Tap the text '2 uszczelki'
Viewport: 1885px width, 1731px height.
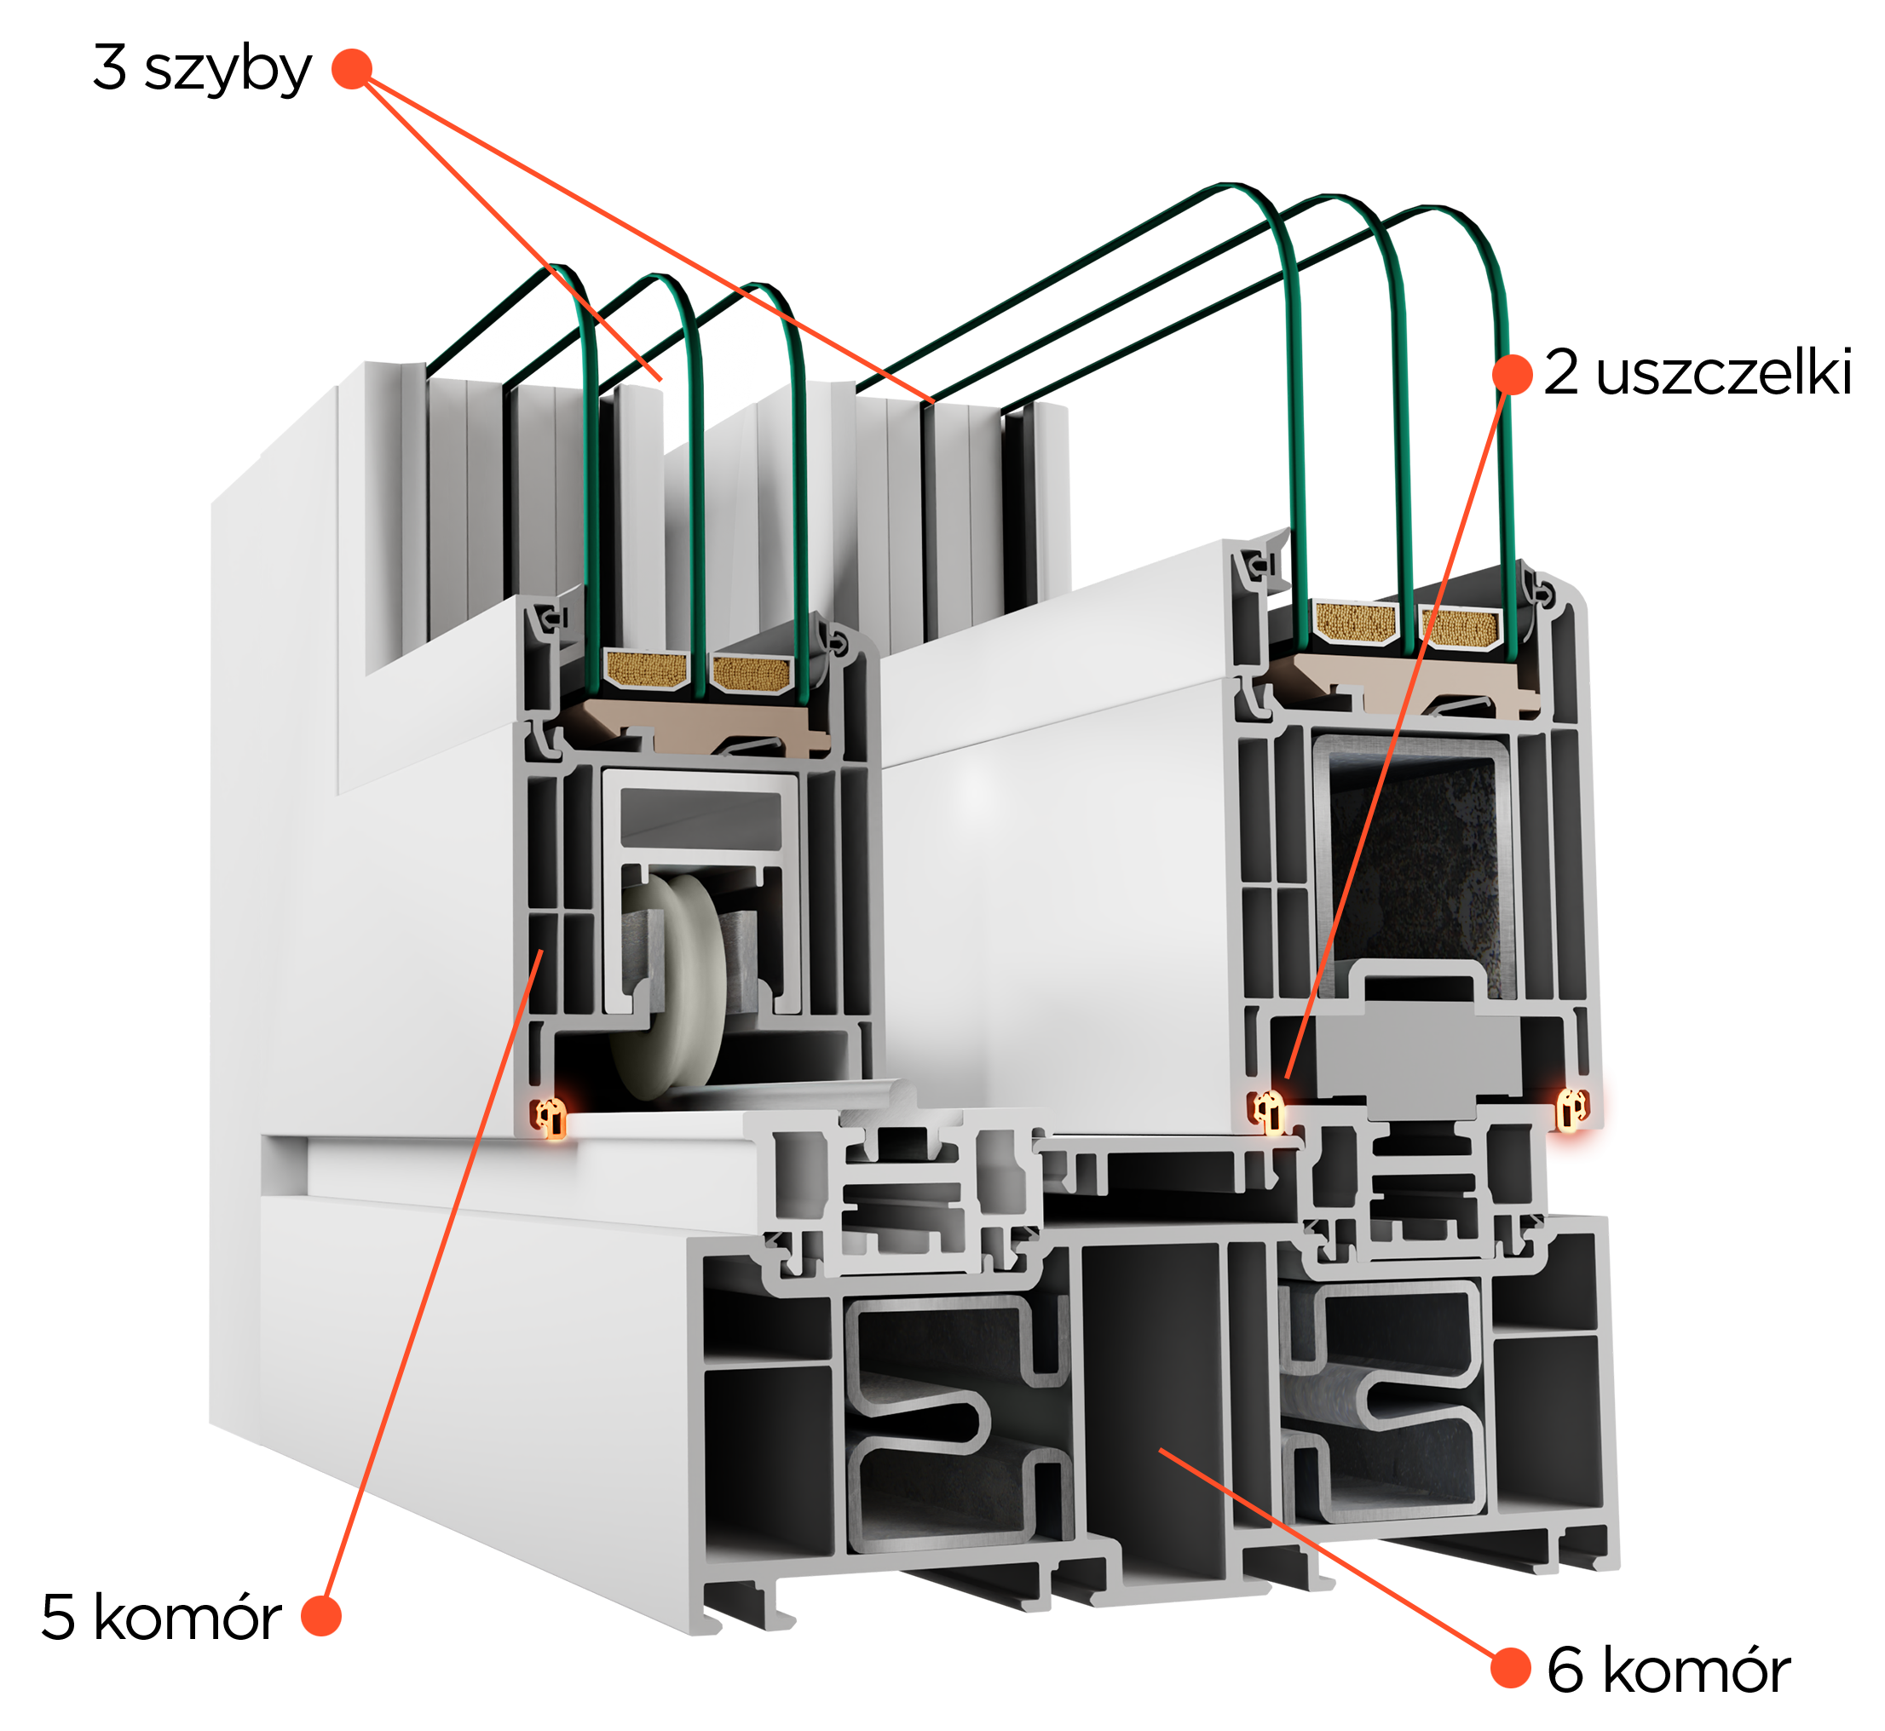pyautogui.click(x=1698, y=373)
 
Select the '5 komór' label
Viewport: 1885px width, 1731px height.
pyautogui.click(x=161, y=1618)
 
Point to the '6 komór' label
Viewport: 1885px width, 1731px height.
pyautogui.click(x=1669, y=1671)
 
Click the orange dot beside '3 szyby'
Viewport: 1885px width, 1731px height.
pyautogui.click(x=352, y=68)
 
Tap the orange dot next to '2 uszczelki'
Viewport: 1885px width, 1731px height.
pyautogui.click(x=1512, y=374)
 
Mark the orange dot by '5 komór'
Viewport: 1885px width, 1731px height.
pyautogui.click(x=321, y=1616)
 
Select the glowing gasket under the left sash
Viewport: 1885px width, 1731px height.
pyautogui.click(x=551, y=1118)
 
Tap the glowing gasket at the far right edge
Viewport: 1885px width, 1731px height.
pyautogui.click(x=1572, y=1109)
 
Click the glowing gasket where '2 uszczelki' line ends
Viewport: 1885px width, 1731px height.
pyautogui.click(x=1271, y=1112)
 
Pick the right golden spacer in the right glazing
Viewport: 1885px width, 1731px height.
pyautogui.click(x=1463, y=627)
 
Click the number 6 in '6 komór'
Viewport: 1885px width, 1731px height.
pyautogui.click(x=1565, y=1671)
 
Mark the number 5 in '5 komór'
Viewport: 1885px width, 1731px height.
pyautogui.click(x=58, y=1618)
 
